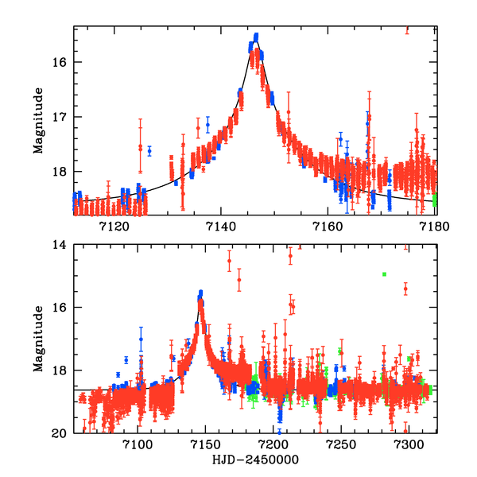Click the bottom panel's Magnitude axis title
point(38,339)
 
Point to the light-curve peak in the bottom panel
point(200,294)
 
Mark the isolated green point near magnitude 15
point(384,274)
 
